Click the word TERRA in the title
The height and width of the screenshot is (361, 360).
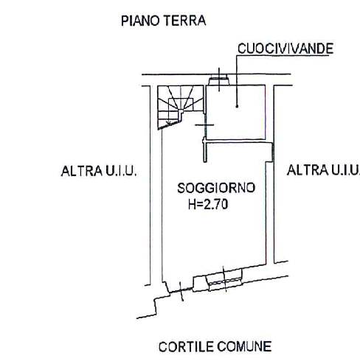(184, 21)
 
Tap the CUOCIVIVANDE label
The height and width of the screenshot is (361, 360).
(285, 49)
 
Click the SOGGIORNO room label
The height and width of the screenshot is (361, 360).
(216, 188)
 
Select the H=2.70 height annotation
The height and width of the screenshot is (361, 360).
(208, 204)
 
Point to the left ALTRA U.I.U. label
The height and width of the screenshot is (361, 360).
(99, 171)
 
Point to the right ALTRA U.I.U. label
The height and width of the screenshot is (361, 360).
(323, 170)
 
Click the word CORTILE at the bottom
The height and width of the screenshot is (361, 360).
(186, 347)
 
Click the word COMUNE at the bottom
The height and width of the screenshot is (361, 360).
(244, 347)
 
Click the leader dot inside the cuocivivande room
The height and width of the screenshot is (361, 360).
(237, 106)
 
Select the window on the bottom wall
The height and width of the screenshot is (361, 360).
(224, 279)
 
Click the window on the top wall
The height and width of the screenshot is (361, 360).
(219, 80)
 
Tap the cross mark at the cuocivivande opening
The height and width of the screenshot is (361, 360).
(204, 125)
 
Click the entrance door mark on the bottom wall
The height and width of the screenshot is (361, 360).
(181, 291)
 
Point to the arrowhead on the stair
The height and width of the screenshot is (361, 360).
(168, 122)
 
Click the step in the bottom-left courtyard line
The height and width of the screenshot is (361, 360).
(155, 306)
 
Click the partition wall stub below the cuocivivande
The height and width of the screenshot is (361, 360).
(205, 150)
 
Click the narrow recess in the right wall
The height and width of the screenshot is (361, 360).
(272, 153)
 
